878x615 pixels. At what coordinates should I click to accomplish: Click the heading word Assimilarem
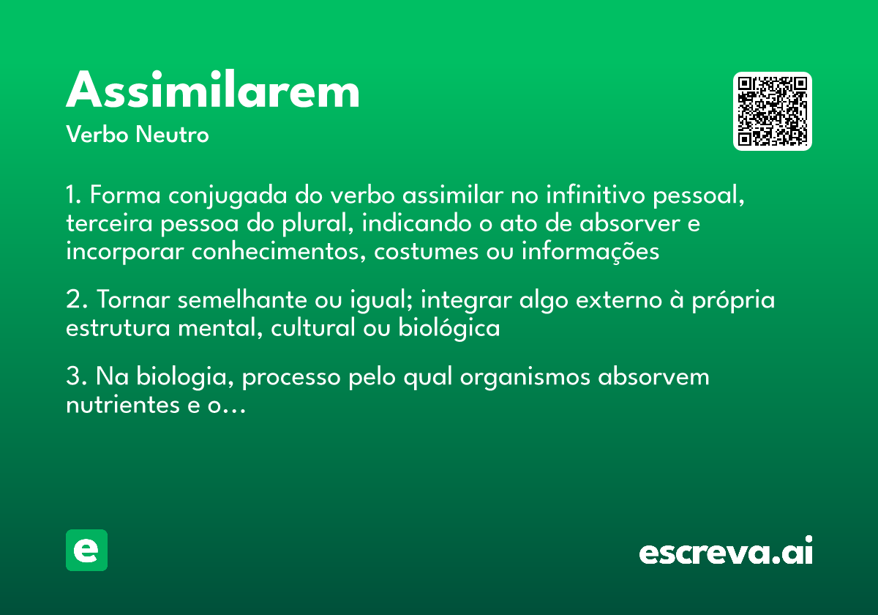(213, 92)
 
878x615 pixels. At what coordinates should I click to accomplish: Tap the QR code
(773, 111)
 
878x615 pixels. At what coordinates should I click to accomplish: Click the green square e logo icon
(86, 550)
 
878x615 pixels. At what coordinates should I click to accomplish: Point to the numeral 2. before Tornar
(76, 300)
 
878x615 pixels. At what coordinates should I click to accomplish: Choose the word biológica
(449, 328)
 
